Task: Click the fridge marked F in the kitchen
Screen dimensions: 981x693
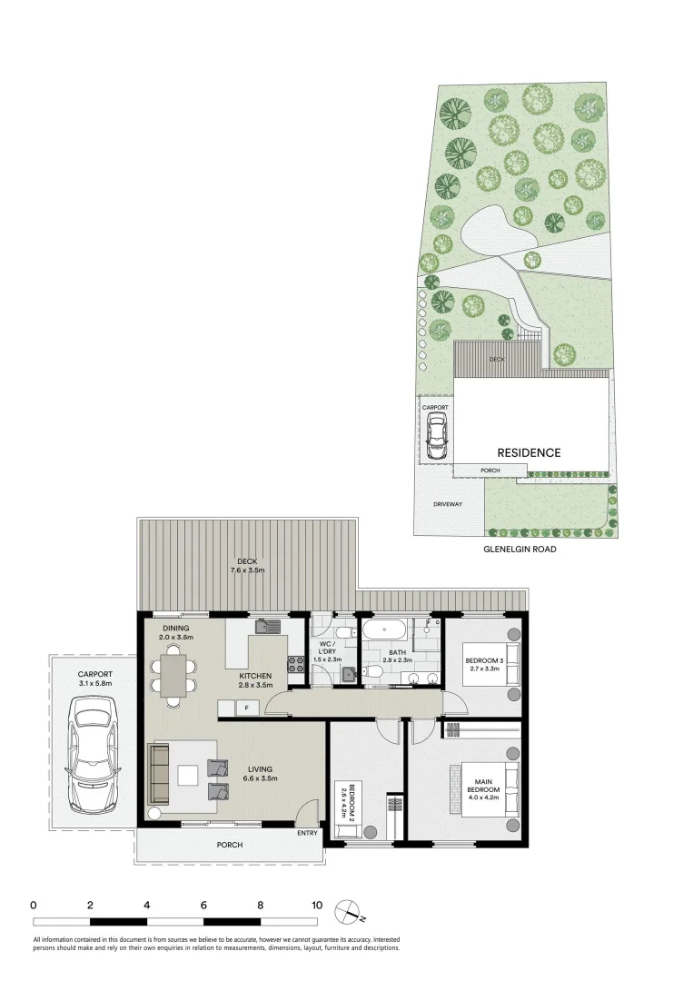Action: [246, 708]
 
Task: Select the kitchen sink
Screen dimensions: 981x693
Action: [269, 626]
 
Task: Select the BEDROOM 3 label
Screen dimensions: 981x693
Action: [484, 660]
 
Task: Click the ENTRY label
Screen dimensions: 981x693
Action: [307, 833]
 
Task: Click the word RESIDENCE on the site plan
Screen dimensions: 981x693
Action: [529, 452]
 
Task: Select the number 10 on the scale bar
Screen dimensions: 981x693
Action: [317, 905]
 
